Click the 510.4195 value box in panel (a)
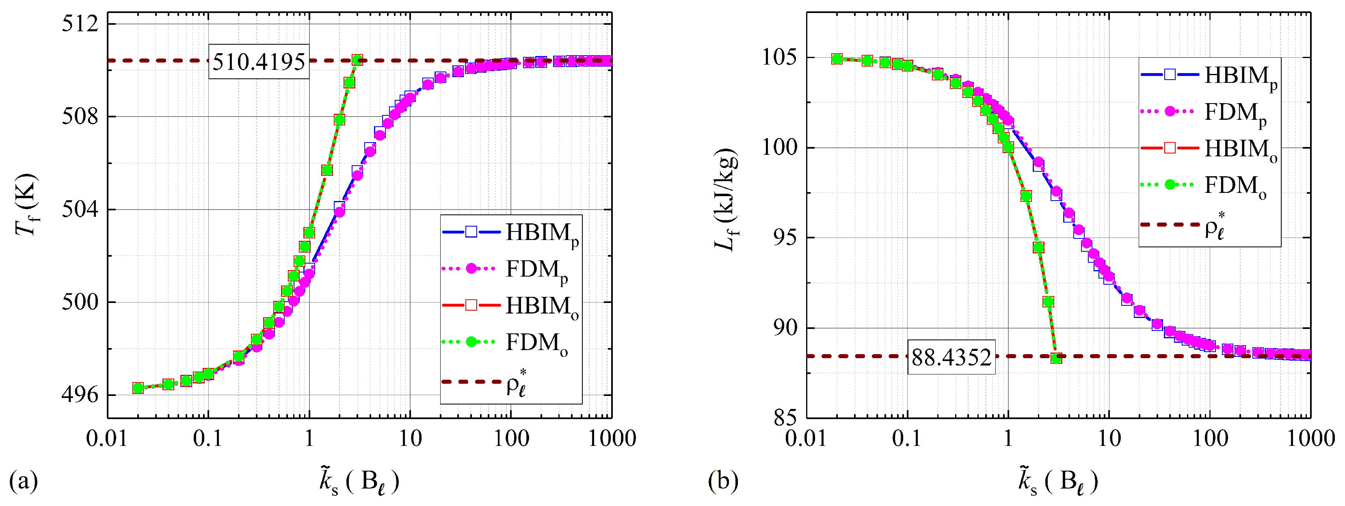[x=258, y=62]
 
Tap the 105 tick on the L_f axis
[x=780, y=57]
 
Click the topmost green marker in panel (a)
[x=357, y=60]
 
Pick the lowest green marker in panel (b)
[x=1056, y=358]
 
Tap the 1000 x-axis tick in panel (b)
[x=1310, y=438]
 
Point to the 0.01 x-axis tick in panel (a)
[x=107, y=438]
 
